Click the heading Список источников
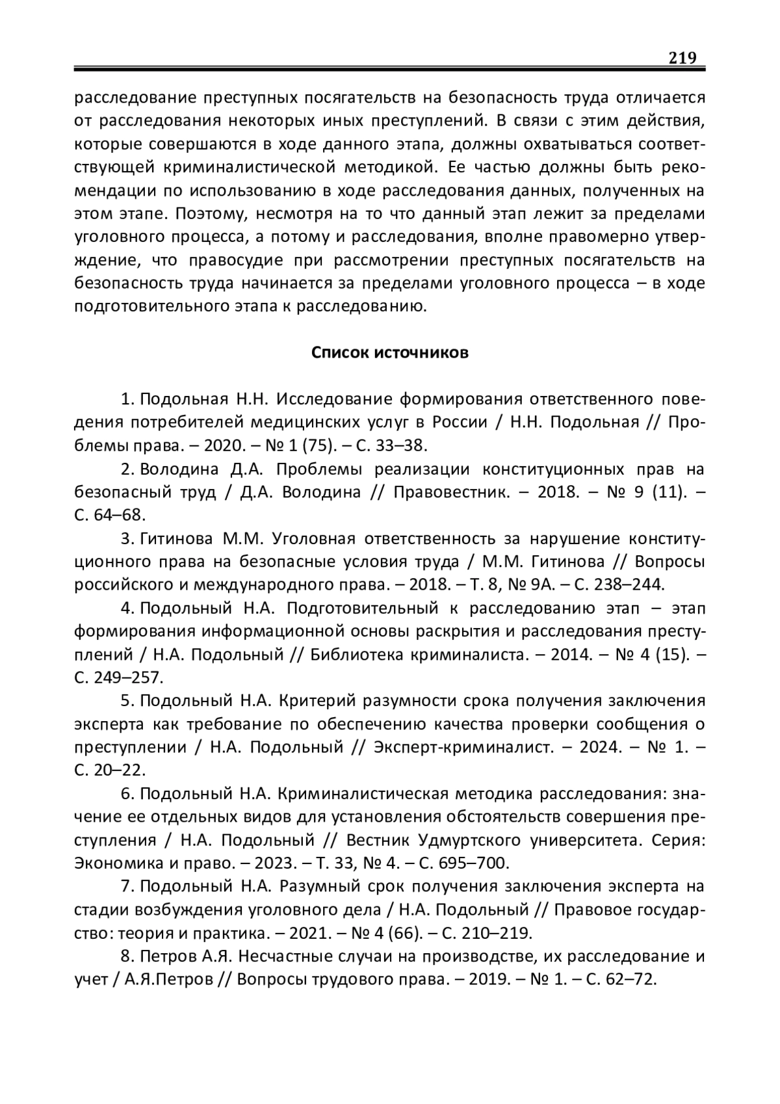389,353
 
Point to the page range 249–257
127,677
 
